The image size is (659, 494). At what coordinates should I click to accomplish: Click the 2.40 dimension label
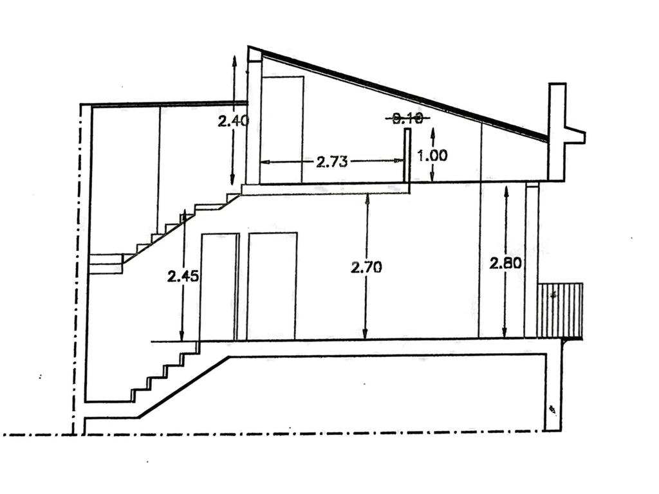pyautogui.click(x=233, y=120)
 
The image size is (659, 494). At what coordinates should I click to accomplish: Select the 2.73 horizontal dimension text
pyautogui.click(x=332, y=161)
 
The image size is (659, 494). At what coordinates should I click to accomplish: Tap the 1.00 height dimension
pyautogui.click(x=432, y=155)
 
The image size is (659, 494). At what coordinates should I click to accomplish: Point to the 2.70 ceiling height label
pyautogui.click(x=366, y=266)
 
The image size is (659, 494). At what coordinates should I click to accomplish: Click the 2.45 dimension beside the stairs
pyautogui.click(x=183, y=277)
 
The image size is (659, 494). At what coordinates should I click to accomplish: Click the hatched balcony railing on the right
pyautogui.click(x=560, y=310)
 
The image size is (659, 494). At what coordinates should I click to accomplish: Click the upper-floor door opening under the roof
pyautogui.click(x=282, y=129)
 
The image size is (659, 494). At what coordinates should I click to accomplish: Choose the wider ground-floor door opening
pyautogui.click(x=272, y=286)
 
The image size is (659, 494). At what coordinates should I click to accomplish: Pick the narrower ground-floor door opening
pyautogui.click(x=219, y=287)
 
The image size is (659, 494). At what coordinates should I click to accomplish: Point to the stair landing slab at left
pyautogui.click(x=106, y=264)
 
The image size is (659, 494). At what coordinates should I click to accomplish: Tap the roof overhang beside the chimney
pyautogui.click(x=575, y=136)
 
